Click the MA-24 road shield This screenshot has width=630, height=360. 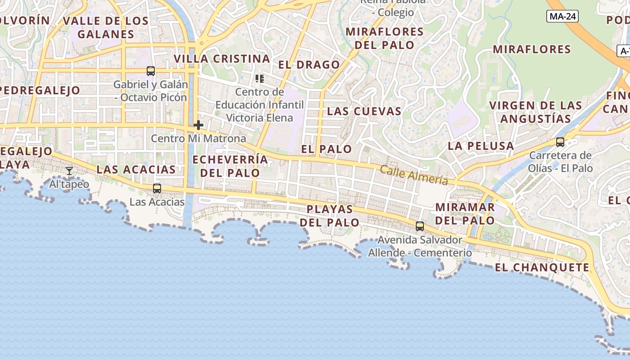tap(562, 17)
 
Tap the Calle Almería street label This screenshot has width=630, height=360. tap(414, 175)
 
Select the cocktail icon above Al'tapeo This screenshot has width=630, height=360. tap(69, 171)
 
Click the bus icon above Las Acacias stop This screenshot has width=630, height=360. tap(157, 189)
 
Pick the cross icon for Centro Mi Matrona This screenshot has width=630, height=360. tap(198, 125)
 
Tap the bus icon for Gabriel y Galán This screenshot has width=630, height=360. tap(151, 71)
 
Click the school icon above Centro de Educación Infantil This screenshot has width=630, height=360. tap(260, 79)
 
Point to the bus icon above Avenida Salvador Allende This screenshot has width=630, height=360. tap(420, 226)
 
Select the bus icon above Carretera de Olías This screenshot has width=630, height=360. tap(560, 142)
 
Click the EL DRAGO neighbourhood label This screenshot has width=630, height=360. tap(309, 65)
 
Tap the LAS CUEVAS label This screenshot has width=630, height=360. tap(364, 111)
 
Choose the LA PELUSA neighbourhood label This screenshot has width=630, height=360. tap(481, 146)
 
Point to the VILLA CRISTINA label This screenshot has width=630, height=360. tap(222, 59)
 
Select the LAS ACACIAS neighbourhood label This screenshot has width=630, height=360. tap(136, 170)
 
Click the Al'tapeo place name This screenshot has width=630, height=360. tap(69, 184)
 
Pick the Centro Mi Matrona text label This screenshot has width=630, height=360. tap(198, 139)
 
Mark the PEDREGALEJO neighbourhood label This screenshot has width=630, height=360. tap(39, 90)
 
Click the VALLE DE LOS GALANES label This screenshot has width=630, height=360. tap(106, 27)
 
